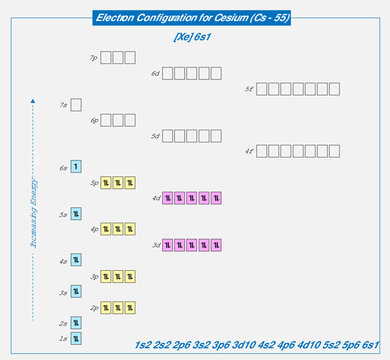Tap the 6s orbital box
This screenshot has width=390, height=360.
pos(76,167)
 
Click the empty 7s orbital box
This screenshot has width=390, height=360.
pos(76,104)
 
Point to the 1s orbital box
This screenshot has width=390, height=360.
pos(76,339)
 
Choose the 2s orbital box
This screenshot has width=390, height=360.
pos(76,323)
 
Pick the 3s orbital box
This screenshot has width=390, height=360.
pos(76,292)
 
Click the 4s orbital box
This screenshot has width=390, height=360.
pos(76,261)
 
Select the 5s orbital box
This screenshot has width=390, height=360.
pos(76,214)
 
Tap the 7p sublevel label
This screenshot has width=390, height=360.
pos(93,58)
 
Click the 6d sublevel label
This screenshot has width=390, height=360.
pos(155,74)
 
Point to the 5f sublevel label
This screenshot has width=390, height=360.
pos(249,89)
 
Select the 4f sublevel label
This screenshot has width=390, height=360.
pos(249,152)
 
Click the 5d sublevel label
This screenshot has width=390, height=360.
pos(155,136)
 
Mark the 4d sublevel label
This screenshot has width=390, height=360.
pos(155,198)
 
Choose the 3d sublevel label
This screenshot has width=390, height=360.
pos(155,245)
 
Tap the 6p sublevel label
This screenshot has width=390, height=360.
pos(93,120)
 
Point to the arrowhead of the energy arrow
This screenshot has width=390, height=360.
pos(33,99)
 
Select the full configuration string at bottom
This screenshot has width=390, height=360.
pos(257,345)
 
